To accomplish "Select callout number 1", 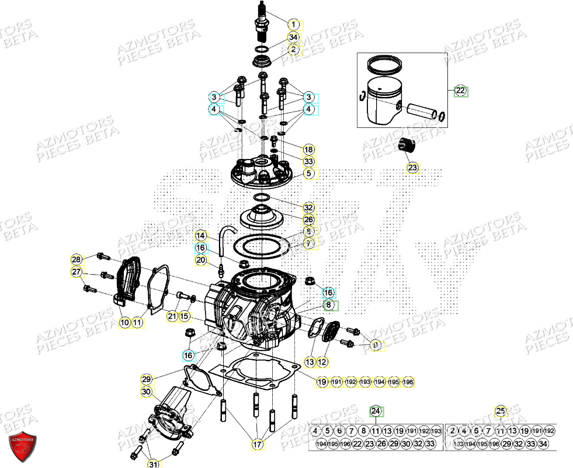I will pyautogui.click(x=293, y=25).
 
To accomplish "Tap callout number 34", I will pyautogui.click(x=293, y=38).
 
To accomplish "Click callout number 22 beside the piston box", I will pyautogui.click(x=460, y=91).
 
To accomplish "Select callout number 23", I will pyautogui.click(x=413, y=168).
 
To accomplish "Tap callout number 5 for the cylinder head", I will pyautogui.click(x=308, y=174).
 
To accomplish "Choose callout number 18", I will pyautogui.click(x=308, y=149).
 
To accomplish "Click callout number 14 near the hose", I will pyautogui.click(x=201, y=235).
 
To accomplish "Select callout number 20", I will pyautogui.click(x=201, y=260).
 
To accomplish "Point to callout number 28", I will pyautogui.click(x=76, y=259).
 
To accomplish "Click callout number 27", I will pyautogui.click(x=76, y=272).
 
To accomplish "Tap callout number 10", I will pyautogui.click(x=124, y=322).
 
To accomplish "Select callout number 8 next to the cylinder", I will pyautogui.click(x=329, y=305).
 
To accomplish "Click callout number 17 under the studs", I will pyautogui.click(x=257, y=445).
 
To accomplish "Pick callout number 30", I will pyautogui.click(x=146, y=392).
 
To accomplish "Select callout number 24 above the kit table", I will pyautogui.click(x=376, y=411).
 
